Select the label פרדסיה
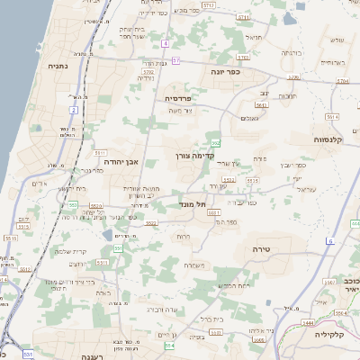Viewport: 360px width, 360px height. tap(177, 97)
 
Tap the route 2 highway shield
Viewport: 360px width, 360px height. tap(73, 110)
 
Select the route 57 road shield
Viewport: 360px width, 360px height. tap(177, 60)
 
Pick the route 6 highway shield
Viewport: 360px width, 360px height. tap(330, 240)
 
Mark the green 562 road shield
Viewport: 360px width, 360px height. tap(216, 143)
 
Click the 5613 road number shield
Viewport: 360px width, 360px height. tap(261, 105)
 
